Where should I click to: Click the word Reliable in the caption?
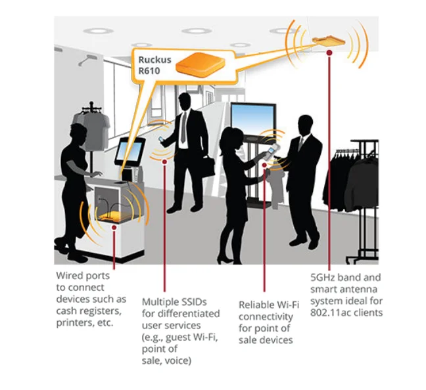255,305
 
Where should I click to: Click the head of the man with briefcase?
185,102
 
